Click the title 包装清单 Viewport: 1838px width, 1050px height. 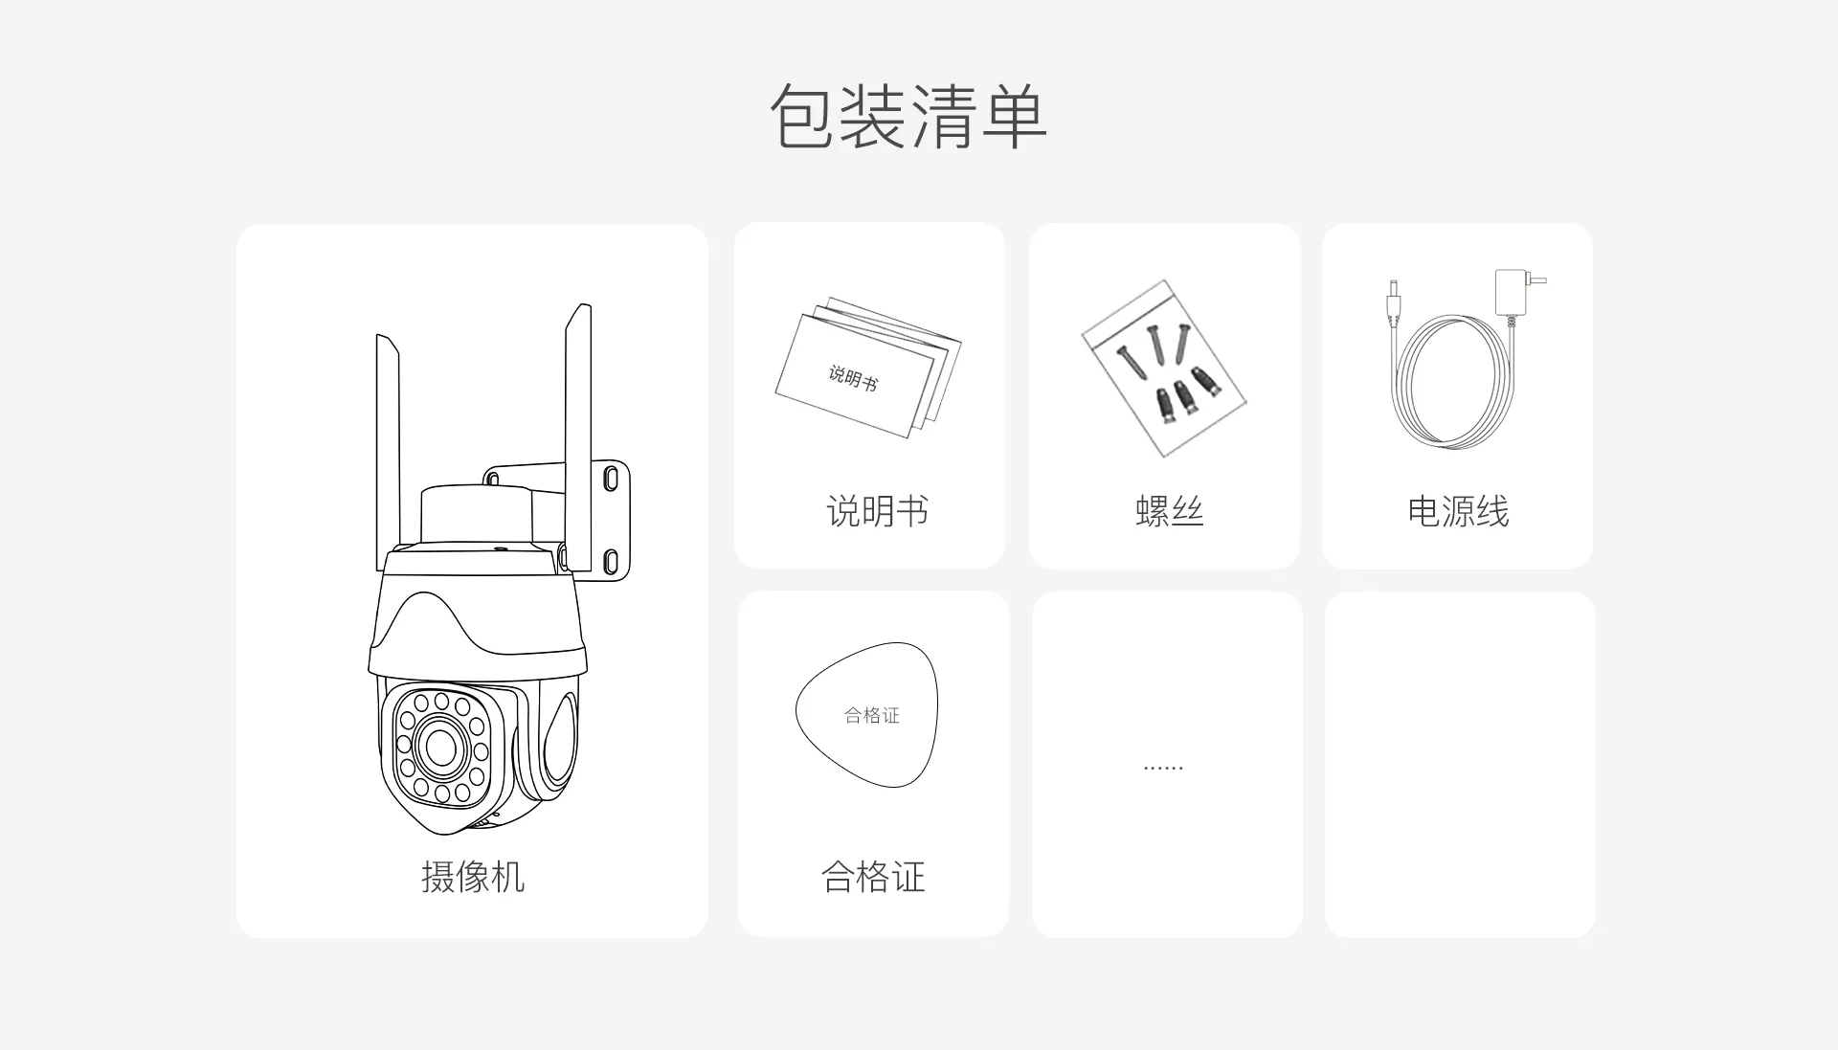[x=908, y=117]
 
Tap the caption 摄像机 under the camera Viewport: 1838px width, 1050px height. [x=473, y=877]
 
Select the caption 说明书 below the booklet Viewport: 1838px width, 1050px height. [x=877, y=511]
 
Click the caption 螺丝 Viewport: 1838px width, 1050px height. [x=1169, y=511]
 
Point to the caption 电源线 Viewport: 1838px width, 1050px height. [x=1458, y=511]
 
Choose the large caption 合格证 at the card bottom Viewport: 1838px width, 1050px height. [x=873, y=877]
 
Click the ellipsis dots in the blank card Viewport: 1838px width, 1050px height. [x=1163, y=768]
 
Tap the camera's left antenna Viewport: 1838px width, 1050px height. [x=387, y=440]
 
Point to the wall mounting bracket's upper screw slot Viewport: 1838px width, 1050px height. [x=611, y=478]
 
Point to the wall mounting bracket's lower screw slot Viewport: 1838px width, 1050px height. [x=611, y=560]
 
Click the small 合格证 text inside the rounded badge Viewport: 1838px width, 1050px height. [x=872, y=715]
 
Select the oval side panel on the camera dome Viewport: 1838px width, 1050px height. [x=558, y=740]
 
